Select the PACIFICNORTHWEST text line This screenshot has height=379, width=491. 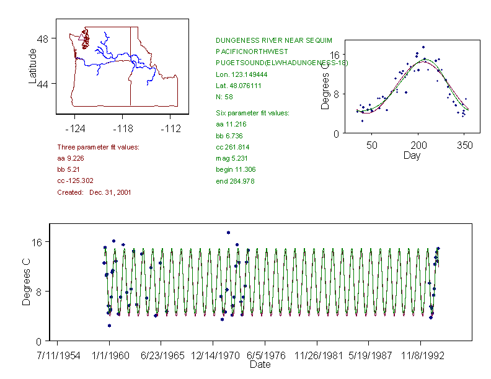coord(252,51)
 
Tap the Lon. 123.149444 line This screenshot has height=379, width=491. coord(239,74)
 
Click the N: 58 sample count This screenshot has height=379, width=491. coord(224,97)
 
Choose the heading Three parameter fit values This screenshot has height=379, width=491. coord(98,147)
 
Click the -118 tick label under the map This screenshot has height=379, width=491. coord(122,128)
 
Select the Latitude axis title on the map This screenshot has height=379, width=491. coord(33,66)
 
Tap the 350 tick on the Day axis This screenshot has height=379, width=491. coord(465,145)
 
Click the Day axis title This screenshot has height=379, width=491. coord(412,155)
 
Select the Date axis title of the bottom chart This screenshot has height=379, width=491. coord(260,365)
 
